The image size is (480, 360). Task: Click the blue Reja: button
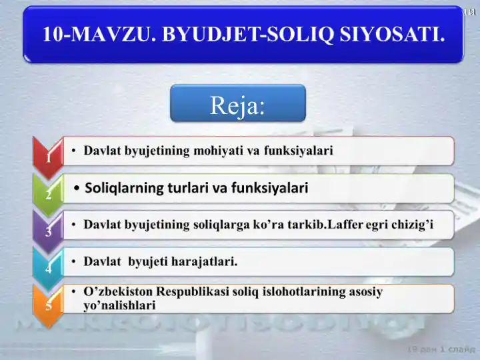pos(238,104)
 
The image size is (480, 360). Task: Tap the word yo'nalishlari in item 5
pos(119,305)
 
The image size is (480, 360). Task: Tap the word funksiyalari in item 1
pos(298,151)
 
